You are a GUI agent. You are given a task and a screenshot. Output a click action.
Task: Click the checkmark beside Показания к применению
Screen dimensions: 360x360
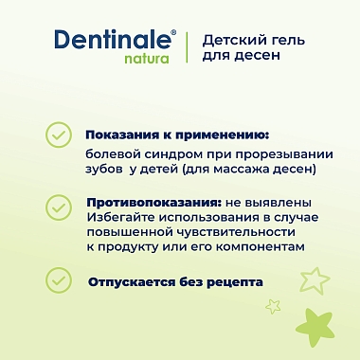click(59, 135)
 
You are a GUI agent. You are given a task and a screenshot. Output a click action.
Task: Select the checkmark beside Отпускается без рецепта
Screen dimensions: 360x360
click(59, 280)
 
